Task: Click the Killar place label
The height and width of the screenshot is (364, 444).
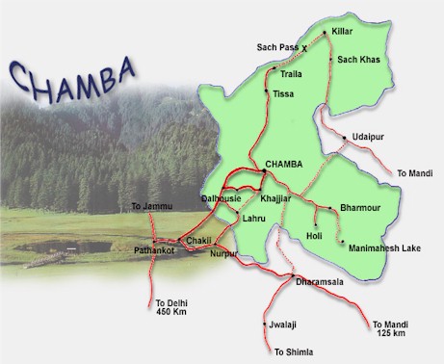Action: (342, 32)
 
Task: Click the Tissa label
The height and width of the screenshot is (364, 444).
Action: (283, 93)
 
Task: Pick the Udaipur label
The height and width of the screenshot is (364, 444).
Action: (369, 136)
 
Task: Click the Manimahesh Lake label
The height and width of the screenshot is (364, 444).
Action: (382, 247)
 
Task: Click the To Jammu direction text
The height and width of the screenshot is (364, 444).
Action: (149, 206)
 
